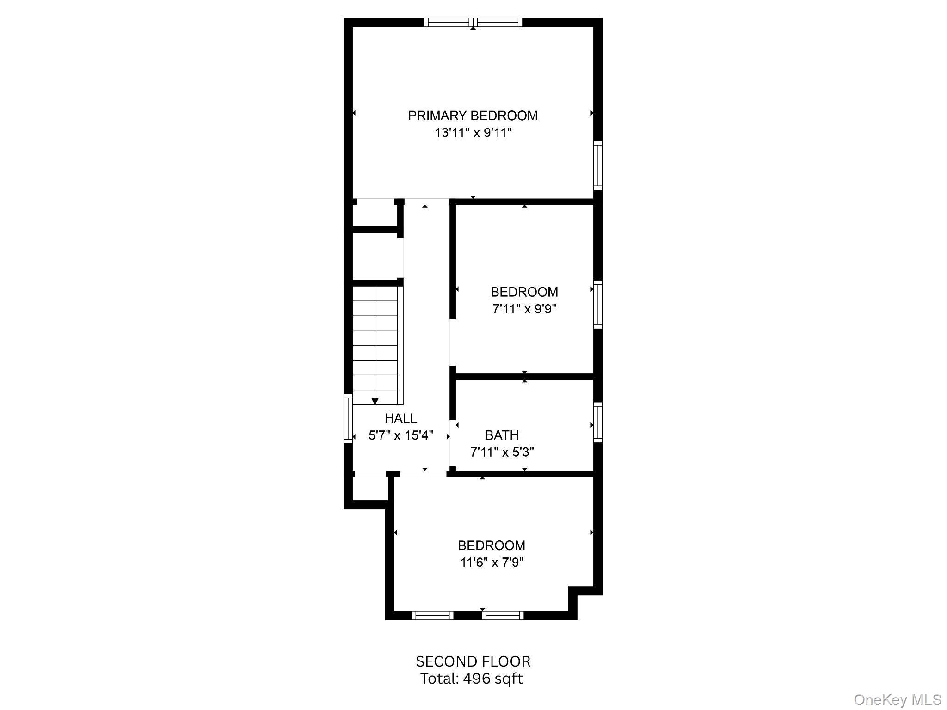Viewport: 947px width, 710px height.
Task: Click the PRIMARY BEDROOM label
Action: pos(473,116)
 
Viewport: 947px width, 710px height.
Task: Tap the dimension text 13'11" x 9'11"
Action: pos(473,133)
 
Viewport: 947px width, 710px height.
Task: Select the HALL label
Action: pos(401,418)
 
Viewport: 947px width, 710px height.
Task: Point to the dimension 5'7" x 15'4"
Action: pos(401,435)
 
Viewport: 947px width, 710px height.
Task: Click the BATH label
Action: pos(502,435)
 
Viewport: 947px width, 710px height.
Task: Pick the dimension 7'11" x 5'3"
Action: pos(502,452)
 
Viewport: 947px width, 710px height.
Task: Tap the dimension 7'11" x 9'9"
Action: pos(524,309)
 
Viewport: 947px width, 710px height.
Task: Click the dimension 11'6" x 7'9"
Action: pos(492,563)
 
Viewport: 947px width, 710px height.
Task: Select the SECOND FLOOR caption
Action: pos(473,661)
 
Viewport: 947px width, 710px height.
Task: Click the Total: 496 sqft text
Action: pos(472,679)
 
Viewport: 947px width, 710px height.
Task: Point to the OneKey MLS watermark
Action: pos(898,699)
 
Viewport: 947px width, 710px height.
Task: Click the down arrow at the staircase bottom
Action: pos(375,401)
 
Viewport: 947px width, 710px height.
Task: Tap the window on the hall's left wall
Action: pos(348,418)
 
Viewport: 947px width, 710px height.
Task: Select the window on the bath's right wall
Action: pos(598,422)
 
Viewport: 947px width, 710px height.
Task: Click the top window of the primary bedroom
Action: pos(473,22)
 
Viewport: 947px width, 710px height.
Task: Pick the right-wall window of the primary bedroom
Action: pos(598,165)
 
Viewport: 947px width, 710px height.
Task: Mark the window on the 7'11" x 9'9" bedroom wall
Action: pos(598,304)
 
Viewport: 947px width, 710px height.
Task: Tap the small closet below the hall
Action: pos(370,488)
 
